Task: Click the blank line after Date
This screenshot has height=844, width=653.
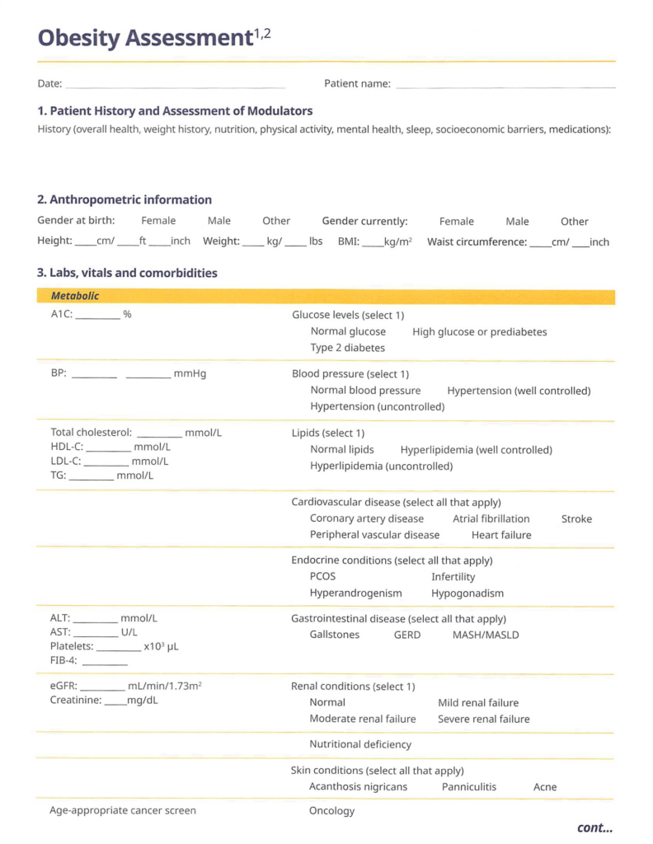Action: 175,85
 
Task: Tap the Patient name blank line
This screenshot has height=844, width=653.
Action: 505,85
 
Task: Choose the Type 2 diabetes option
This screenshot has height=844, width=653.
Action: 347,348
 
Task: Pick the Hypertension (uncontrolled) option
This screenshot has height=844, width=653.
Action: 377,406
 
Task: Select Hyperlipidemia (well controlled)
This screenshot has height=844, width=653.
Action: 476,450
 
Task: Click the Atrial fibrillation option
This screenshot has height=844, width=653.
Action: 491,519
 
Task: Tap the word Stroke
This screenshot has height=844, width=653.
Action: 576,519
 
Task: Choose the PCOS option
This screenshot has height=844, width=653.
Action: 322,577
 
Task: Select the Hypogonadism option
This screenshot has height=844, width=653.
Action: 467,593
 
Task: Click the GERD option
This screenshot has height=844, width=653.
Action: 407,635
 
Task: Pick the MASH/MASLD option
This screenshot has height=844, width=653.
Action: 486,635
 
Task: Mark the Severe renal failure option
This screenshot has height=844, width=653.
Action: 483,720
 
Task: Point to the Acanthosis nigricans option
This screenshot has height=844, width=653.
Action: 358,787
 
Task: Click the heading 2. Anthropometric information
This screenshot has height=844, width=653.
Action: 124,200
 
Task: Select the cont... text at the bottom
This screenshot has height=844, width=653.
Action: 594,828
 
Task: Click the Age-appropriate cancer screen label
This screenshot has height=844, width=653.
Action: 123,811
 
